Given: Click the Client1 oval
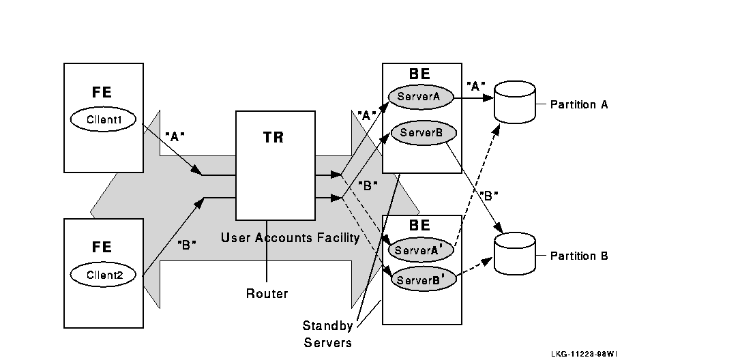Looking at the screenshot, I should click(104, 119).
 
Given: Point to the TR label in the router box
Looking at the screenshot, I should click(273, 137).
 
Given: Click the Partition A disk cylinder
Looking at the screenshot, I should click(515, 103).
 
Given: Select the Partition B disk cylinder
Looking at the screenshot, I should click(515, 254).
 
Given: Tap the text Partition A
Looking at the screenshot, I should click(578, 105).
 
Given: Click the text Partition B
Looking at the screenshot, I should click(578, 256).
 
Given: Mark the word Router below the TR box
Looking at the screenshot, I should click(267, 294).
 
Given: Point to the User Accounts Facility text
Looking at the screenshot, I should click(290, 238).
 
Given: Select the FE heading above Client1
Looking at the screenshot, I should click(102, 93).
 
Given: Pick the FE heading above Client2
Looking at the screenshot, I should click(102, 247).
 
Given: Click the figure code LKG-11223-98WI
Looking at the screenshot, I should click(584, 354).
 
